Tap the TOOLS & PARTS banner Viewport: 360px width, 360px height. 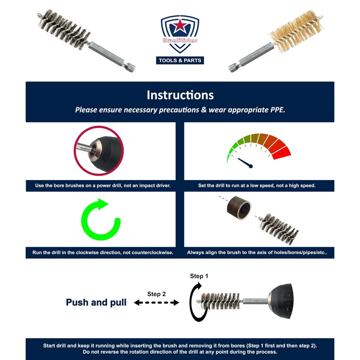tap(180, 60)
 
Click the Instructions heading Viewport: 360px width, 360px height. tap(180, 95)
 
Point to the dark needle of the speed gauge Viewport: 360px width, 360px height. tap(245, 162)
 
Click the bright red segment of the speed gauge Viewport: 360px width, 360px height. tap(281, 153)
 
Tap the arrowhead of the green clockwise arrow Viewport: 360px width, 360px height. tap(102, 204)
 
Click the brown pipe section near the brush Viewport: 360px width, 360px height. tap(239, 207)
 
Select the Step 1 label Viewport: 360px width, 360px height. tap(199, 276)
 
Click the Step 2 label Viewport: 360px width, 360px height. tap(156, 294)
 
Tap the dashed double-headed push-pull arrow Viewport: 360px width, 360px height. tap(156, 302)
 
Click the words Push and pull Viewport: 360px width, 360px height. tap(96, 302)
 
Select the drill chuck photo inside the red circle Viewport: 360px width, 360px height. tap(99, 151)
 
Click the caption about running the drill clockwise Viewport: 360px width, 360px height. tap(103, 252)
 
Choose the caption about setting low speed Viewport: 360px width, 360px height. tap(257, 185)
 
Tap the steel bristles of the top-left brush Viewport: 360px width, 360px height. tap(64, 29)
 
